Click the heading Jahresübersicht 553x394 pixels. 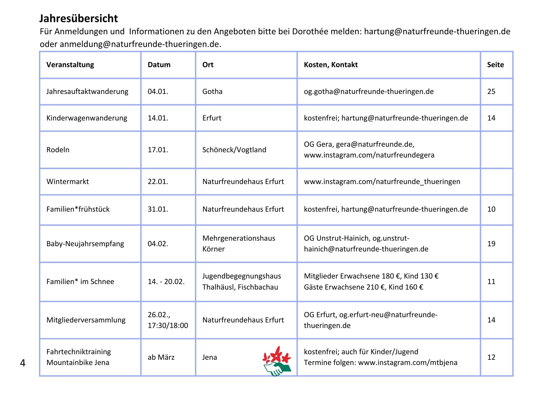pyautogui.click(x=79, y=19)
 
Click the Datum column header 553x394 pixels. pyautogui.click(x=159, y=65)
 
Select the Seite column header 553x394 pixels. pyautogui.click(x=495, y=65)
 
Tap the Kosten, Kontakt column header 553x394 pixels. pyautogui.click(x=331, y=65)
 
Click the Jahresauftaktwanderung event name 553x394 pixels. pyautogui.click(x=87, y=91)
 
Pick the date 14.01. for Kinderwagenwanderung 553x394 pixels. pyautogui.click(x=158, y=118)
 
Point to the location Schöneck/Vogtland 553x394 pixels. pyautogui.click(x=234, y=150)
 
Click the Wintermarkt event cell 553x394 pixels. pyautogui.click(x=68, y=182)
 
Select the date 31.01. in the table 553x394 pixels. pyautogui.click(x=158, y=209)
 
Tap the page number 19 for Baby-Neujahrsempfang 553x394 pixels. pyautogui.click(x=491, y=244)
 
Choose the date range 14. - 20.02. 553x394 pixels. pyautogui.click(x=166, y=282)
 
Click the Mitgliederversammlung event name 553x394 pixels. pyautogui.click(x=86, y=320)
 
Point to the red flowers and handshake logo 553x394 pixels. pyautogui.click(x=277, y=361)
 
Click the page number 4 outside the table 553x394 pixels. pyautogui.click(x=23, y=363)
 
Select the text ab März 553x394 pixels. pyautogui.click(x=161, y=357)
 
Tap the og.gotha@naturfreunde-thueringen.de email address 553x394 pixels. pyautogui.click(x=369, y=91)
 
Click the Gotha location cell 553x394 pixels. pyautogui.click(x=212, y=91)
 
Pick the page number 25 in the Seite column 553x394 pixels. pyautogui.click(x=491, y=91)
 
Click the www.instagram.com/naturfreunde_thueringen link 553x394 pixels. pyautogui.click(x=382, y=182)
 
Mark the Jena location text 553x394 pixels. pyautogui.click(x=210, y=357)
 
